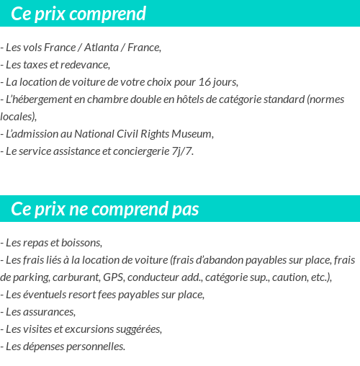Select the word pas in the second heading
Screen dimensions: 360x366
(x=185, y=209)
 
